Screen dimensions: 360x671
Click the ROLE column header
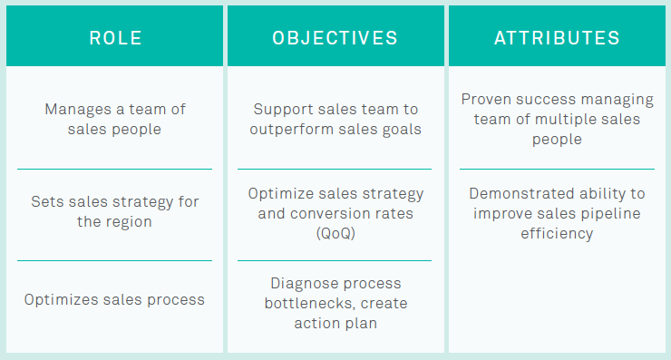[x=114, y=38]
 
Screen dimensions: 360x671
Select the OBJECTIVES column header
[x=335, y=38]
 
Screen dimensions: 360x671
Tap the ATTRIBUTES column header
[x=557, y=38]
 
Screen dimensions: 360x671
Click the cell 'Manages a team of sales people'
[x=114, y=119]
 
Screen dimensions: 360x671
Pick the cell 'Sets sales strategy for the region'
[x=114, y=210]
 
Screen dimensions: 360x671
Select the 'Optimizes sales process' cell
[x=114, y=299]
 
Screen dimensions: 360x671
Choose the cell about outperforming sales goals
[x=335, y=119]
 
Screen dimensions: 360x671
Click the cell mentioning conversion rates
[x=335, y=214]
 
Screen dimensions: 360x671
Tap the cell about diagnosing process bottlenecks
[x=335, y=303]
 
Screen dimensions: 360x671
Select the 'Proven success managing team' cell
[x=557, y=119]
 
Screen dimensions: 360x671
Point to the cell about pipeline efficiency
[x=557, y=213]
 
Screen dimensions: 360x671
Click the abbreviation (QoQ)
[x=335, y=234]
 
